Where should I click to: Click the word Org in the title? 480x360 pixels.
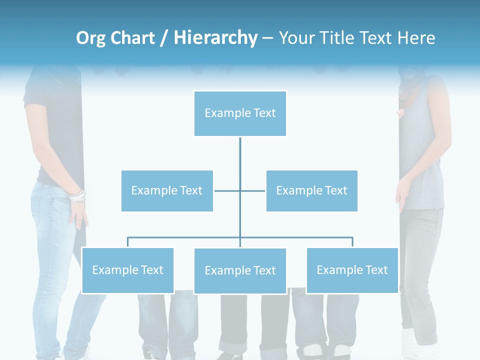(x=90, y=38)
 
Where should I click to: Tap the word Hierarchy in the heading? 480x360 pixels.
(x=215, y=38)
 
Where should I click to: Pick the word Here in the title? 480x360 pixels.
(x=416, y=38)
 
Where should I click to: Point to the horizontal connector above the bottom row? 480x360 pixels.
(x=185, y=237)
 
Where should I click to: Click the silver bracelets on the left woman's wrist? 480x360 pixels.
(x=77, y=196)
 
